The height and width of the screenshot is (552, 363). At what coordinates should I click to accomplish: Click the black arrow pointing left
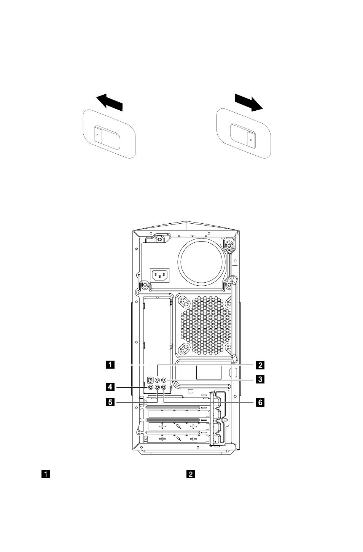(110, 102)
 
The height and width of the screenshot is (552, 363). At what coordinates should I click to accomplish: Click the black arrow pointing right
(249, 102)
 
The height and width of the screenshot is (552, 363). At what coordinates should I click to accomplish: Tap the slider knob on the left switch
(97, 135)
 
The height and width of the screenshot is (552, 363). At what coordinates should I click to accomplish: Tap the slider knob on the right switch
(251, 140)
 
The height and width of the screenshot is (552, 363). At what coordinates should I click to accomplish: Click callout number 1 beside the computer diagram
(110, 364)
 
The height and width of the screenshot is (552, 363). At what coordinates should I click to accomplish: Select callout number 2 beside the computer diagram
(260, 365)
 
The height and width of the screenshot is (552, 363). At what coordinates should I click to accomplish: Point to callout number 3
(260, 379)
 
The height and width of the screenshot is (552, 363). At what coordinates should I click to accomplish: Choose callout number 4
(110, 387)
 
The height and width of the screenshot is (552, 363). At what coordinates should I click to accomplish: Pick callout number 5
(110, 402)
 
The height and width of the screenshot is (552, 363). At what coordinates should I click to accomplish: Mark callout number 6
(260, 402)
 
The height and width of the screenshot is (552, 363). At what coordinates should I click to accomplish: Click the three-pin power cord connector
(160, 275)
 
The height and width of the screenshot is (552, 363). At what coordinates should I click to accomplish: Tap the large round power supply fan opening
(201, 261)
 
